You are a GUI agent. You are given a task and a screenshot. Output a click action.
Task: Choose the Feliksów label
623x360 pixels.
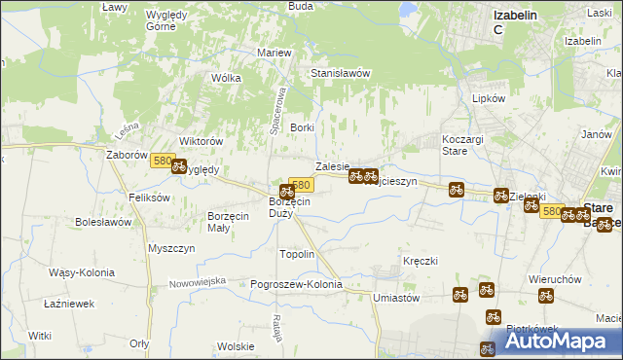[x=150, y=197]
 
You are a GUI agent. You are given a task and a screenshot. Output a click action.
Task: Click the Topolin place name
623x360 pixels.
[x=297, y=254]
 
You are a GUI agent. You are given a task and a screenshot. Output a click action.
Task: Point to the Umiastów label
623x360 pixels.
[x=395, y=298]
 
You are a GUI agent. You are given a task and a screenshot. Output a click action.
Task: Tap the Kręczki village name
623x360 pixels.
[x=421, y=261]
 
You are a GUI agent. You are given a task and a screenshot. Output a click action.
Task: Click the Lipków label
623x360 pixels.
[x=487, y=99]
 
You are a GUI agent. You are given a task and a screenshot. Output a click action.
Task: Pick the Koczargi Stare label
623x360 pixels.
[x=462, y=145]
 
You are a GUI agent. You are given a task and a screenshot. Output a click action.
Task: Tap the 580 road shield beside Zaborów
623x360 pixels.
[x=163, y=162]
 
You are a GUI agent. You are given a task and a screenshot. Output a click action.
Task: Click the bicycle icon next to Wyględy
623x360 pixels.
[x=179, y=166]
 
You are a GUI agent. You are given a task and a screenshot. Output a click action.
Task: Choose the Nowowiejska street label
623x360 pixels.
[x=197, y=281]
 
